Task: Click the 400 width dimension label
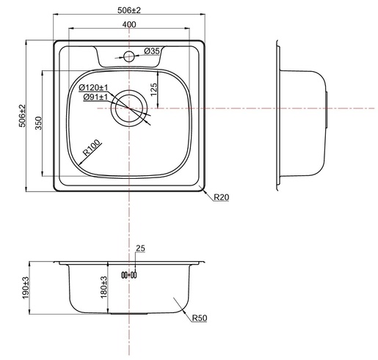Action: [129, 24]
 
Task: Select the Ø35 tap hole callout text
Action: [152, 51]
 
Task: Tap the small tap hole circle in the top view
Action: [128, 56]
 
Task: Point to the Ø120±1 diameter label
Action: [93, 87]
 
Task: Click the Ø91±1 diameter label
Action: [95, 97]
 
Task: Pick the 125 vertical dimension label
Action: [153, 89]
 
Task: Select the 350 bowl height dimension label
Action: [39, 123]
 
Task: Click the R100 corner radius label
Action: [92, 147]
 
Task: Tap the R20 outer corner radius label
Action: [222, 197]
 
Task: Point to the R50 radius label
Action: [200, 318]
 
